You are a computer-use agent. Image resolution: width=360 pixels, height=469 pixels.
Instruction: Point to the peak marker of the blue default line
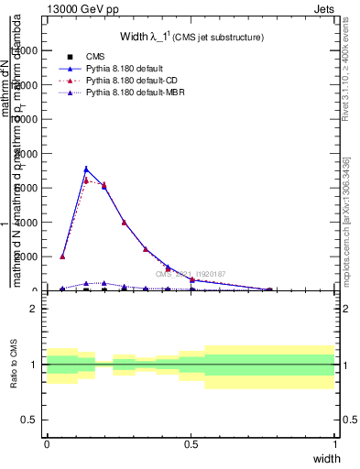[x=86, y=169]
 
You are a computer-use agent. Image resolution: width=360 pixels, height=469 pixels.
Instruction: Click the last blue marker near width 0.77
[x=269, y=289]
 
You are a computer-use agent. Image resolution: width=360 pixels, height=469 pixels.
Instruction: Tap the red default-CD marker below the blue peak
[x=86, y=180]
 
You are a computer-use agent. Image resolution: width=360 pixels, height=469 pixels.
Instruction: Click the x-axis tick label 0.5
[x=191, y=443]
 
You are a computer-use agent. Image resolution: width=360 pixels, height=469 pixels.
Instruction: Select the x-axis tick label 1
[x=334, y=443]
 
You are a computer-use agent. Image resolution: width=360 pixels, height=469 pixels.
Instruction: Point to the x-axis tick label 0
[x=47, y=443]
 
